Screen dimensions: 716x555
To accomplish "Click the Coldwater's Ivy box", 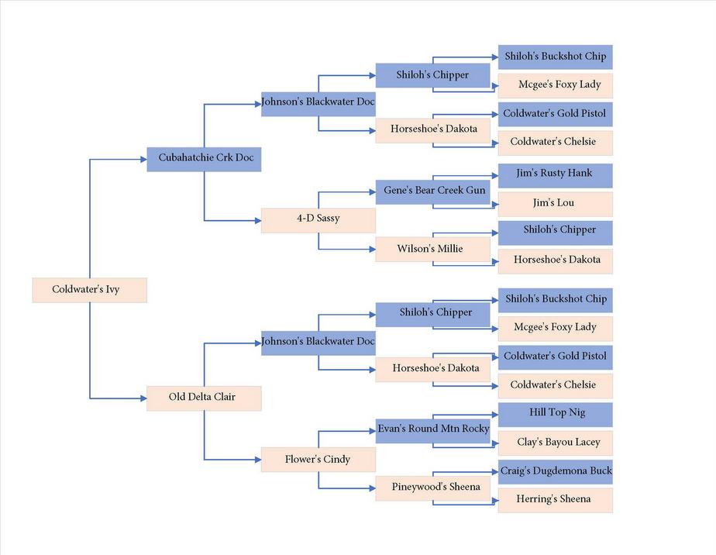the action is pyautogui.click(x=90, y=290).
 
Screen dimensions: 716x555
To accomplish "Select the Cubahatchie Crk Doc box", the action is pyautogui.click(x=204, y=160).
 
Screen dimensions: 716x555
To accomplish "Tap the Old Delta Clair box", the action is pyautogui.click(x=204, y=398).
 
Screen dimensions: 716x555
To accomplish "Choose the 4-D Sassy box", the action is pyautogui.click(x=318, y=221).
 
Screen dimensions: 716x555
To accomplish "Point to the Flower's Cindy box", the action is pyautogui.click(x=318, y=460).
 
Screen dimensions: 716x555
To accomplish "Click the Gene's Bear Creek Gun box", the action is pyautogui.click(x=433, y=192).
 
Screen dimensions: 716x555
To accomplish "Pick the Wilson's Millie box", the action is pyautogui.click(x=433, y=250).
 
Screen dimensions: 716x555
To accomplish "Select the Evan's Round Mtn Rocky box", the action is pyautogui.click(x=433, y=431).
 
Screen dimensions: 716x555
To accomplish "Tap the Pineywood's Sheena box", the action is pyautogui.click(x=433, y=488).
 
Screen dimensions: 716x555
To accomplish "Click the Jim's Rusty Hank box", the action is pyautogui.click(x=556, y=176).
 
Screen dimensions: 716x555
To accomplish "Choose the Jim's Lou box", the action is pyautogui.click(x=556, y=204).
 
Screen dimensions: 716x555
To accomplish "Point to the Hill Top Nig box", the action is pyautogui.click(x=556, y=415).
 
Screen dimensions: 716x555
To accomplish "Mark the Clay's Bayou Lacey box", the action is pyautogui.click(x=556, y=443).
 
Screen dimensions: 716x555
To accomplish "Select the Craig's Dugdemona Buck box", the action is pyautogui.click(x=556, y=472).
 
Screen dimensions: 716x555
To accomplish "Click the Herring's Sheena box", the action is pyautogui.click(x=556, y=501).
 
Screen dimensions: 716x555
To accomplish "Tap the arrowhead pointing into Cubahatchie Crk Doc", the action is pyautogui.click(x=143, y=160).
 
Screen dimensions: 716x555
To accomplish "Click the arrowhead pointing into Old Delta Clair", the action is pyautogui.click(x=143, y=398).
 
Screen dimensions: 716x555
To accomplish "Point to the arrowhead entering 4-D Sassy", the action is pyautogui.click(x=258, y=221).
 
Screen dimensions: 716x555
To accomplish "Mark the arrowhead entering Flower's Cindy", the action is pyautogui.click(x=258, y=460).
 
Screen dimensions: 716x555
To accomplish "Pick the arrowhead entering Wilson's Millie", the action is pyautogui.click(x=373, y=250).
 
